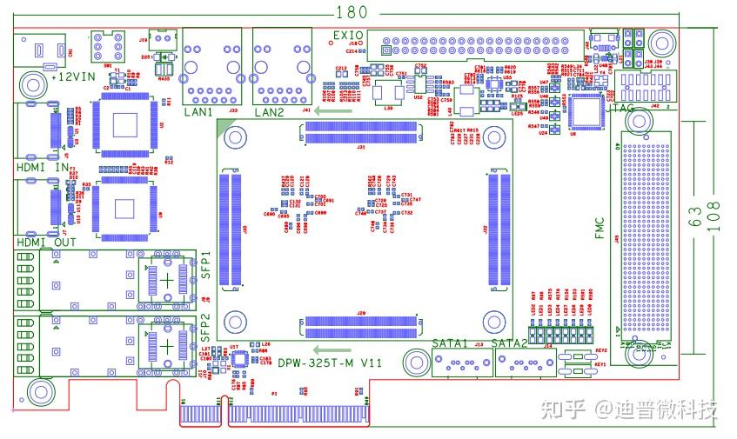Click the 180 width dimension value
(x=352, y=11)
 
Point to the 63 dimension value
(x=696, y=216)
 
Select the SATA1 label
(x=450, y=343)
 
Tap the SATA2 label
(x=509, y=343)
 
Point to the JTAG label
(x=623, y=110)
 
